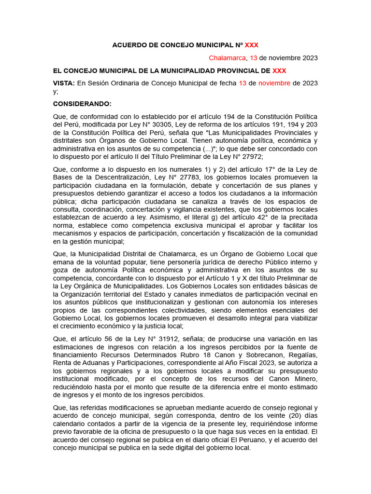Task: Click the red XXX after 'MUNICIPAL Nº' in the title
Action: click(x=252, y=45)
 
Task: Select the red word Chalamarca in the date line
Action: click(x=227, y=58)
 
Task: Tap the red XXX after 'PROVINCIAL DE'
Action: click(x=279, y=71)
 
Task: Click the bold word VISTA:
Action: click(x=64, y=83)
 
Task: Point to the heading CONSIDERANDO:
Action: click(x=82, y=104)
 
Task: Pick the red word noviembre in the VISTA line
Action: click(x=274, y=83)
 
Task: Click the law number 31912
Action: click(x=159, y=338)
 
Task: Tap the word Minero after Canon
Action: click(x=304, y=379)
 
